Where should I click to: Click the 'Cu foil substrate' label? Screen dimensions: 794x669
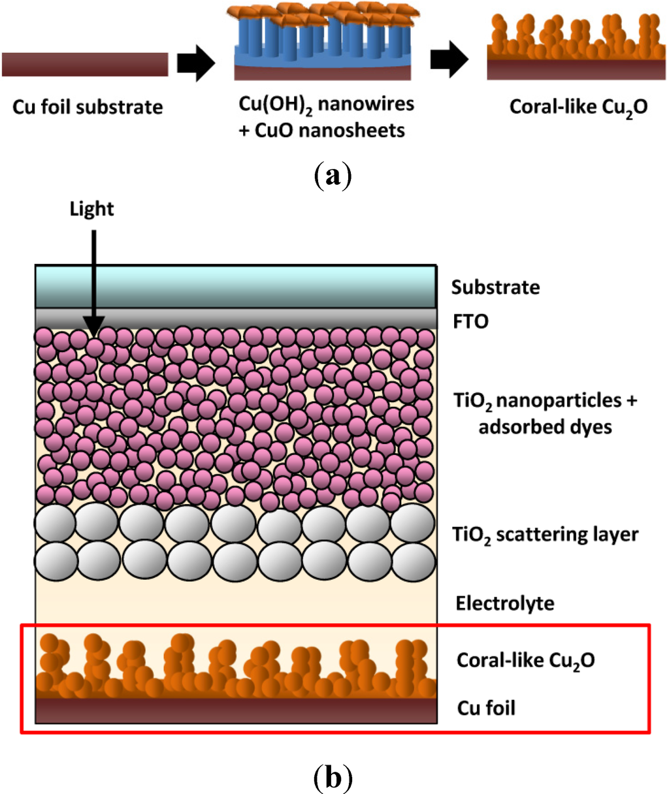[x=88, y=106]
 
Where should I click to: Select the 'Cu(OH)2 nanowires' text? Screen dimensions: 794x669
[x=326, y=104]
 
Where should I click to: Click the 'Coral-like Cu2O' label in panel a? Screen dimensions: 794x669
[x=578, y=106]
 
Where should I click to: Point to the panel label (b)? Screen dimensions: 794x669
[x=333, y=778]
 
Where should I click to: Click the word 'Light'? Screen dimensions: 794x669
[x=91, y=209]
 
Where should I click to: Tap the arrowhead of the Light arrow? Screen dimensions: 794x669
[x=94, y=326]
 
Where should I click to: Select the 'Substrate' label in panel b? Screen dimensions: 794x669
[x=495, y=287]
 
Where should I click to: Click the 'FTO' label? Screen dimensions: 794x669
[x=470, y=321]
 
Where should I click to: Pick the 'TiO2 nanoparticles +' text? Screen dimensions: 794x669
[x=545, y=400]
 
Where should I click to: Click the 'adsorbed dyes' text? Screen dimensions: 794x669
[x=545, y=427]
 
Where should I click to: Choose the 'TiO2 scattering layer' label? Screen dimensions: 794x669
[x=545, y=535]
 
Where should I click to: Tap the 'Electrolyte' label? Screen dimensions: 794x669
[x=504, y=603]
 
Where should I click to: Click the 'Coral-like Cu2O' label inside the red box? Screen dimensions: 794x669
[x=525, y=660]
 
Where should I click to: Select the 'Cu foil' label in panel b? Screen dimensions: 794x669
[x=486, y=708]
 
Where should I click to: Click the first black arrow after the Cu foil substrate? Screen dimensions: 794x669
[x=196, y=64]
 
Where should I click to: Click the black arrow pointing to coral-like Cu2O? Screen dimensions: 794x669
[x=449, y=60]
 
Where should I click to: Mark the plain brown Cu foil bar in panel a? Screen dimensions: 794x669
[x=85, y=65]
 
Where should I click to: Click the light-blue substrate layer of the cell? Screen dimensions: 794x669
[x=235, y=286]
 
